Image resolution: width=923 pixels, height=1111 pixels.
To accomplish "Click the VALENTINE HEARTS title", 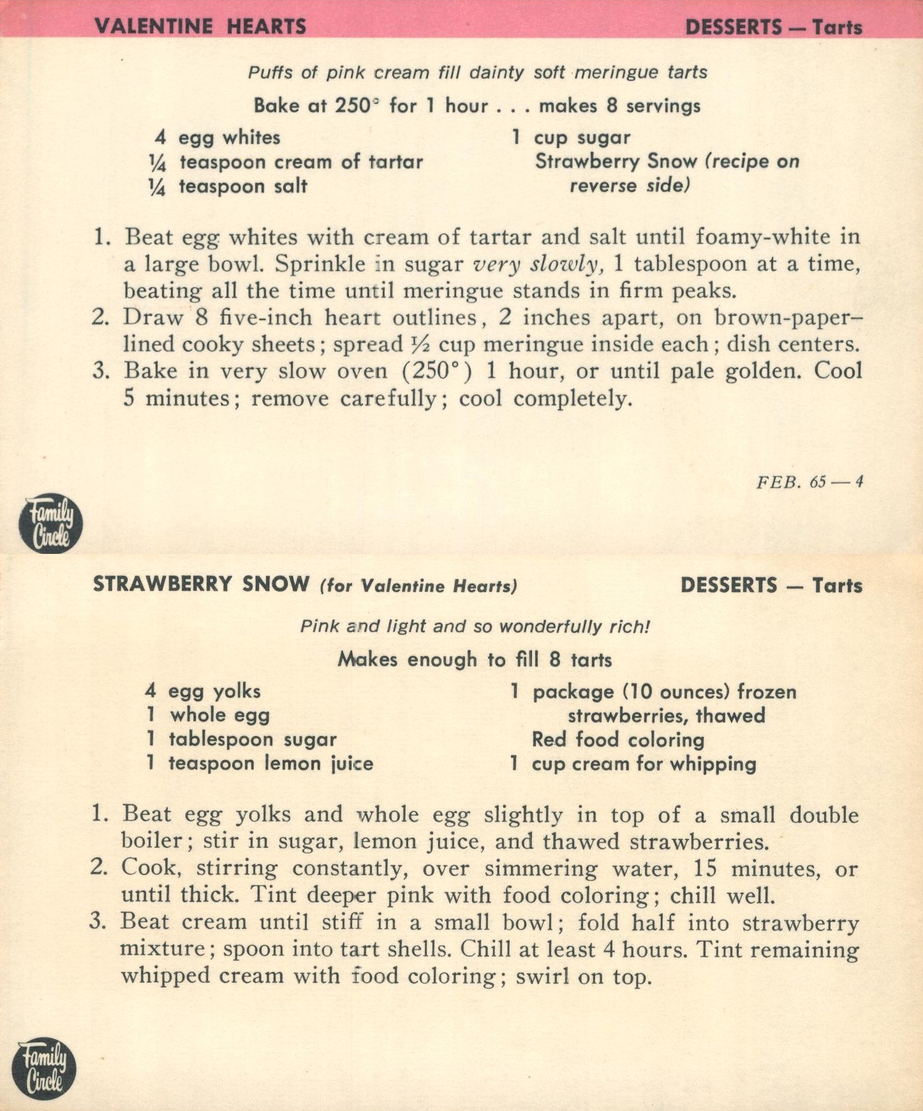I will pos(200,26).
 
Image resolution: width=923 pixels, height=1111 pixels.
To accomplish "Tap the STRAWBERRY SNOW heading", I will pos(201,585).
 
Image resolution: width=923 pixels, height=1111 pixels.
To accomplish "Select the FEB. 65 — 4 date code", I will pos(809,482).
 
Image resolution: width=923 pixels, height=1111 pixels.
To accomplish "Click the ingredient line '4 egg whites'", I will pos(218,137).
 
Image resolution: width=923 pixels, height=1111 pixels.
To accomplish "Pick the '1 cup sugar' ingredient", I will pos(571,137).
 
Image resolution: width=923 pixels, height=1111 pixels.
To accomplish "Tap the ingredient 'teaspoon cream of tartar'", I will pos(301,162).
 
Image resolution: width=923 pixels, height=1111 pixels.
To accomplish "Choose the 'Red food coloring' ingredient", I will pos(617,739).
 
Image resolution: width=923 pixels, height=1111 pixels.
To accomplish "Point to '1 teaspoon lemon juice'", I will pos(260,763).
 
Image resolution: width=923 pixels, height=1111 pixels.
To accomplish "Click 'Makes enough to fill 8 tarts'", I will pos(475,659).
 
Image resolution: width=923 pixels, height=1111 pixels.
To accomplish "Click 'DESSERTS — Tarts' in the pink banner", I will pos(773,27).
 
